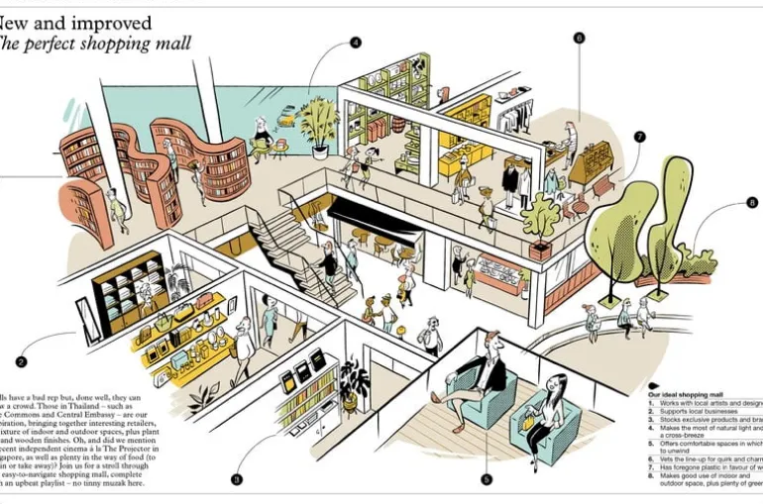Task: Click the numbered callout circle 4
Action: tap(355, 43)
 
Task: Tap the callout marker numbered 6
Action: tap(579, 38)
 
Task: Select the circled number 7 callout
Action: tap(640, 137)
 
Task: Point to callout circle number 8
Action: tap(752, 203)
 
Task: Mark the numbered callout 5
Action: tap(487, 479)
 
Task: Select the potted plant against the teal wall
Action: tap(319, 125)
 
